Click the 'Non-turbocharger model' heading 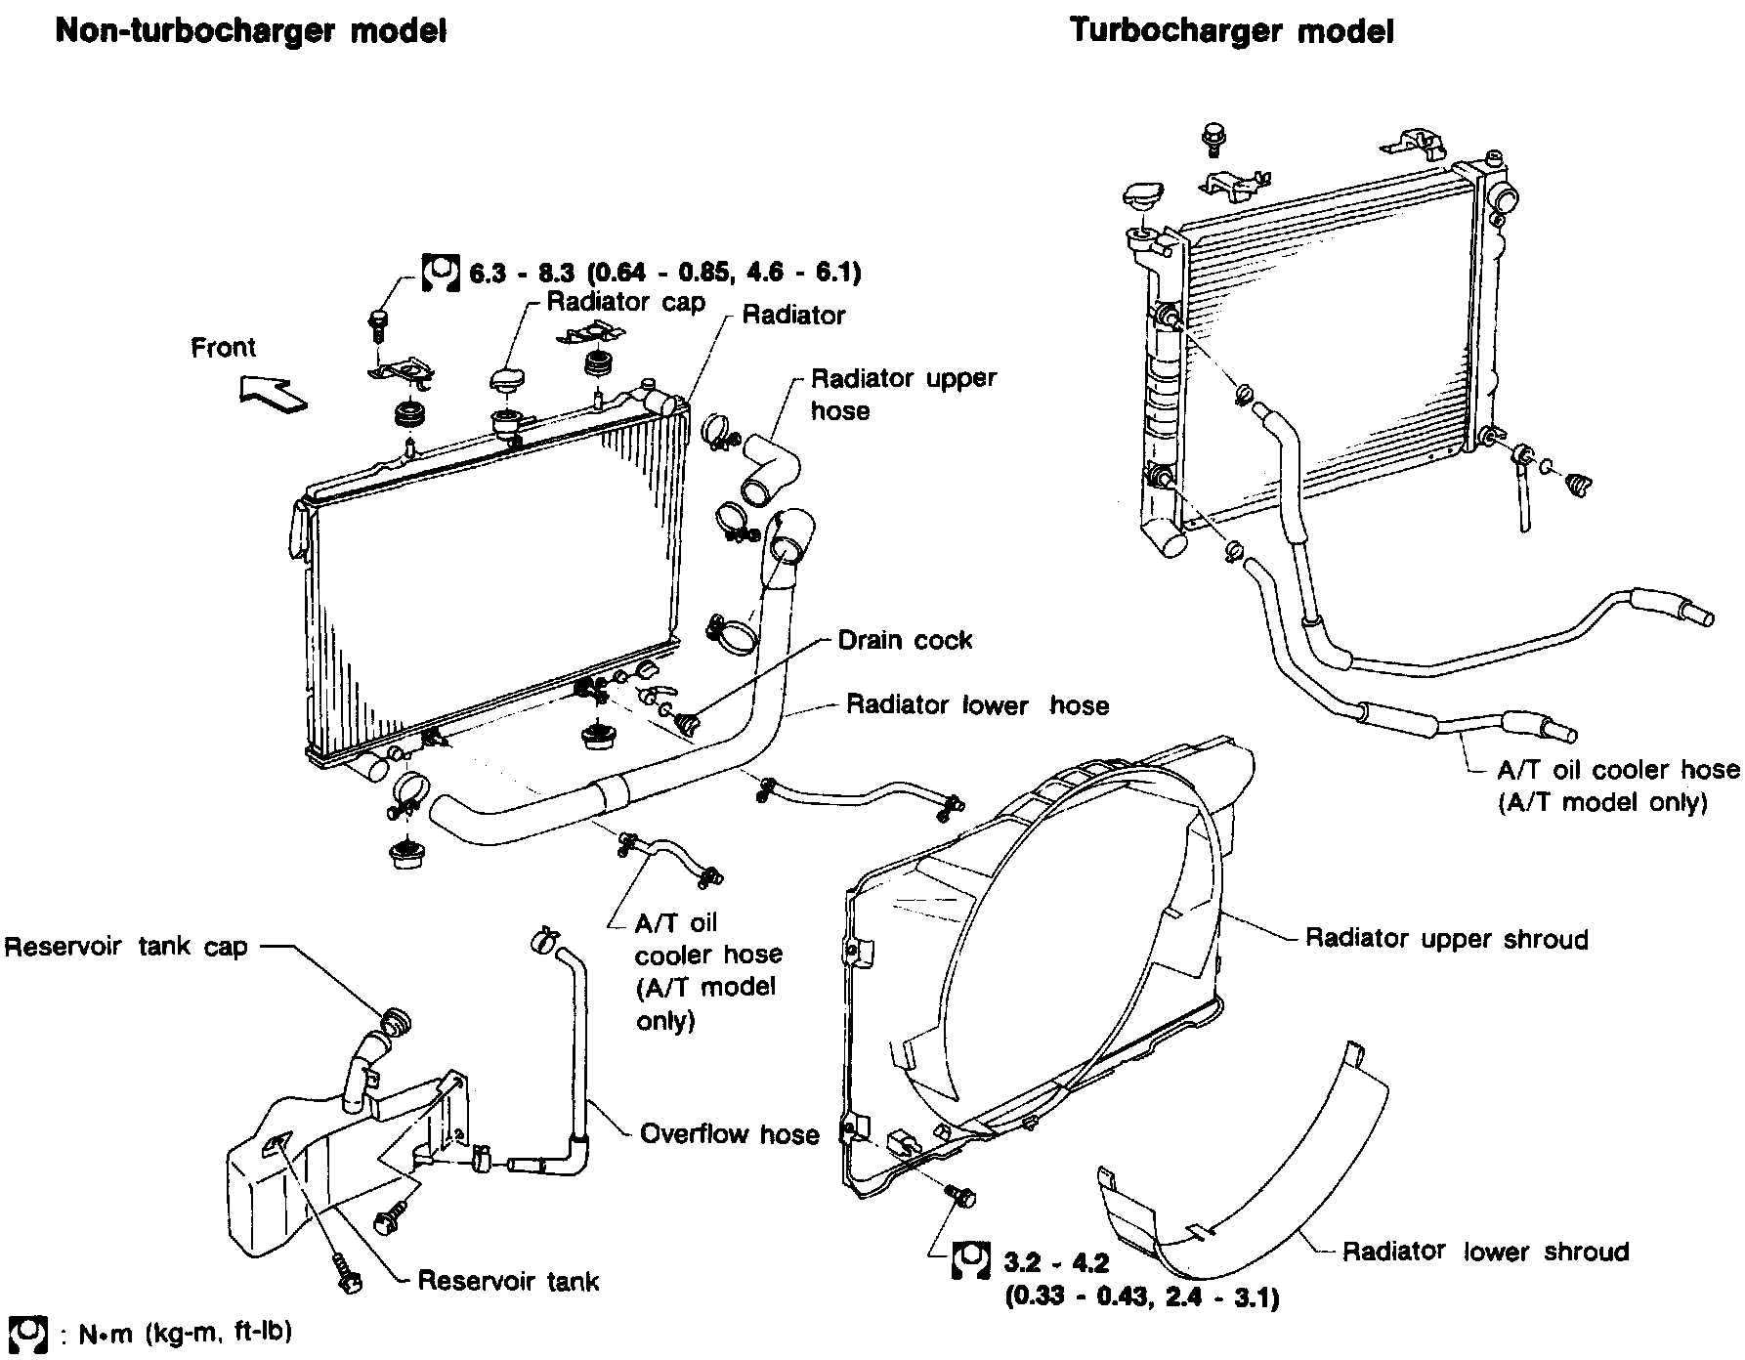point(251,30)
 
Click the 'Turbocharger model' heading point(1232,30)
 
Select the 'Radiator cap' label point(625,302)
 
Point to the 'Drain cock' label point(905,640)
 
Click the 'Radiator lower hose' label point(977,704)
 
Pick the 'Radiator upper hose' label point(904,394)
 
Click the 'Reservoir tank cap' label point(126,947)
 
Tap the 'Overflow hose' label point(729,1133)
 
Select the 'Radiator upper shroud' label point(1447,939)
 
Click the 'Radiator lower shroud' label point(1485,1252)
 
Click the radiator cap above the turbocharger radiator point(1141,197)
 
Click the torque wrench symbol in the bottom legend point(26,1333)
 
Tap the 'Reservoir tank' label point(508,1280)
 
